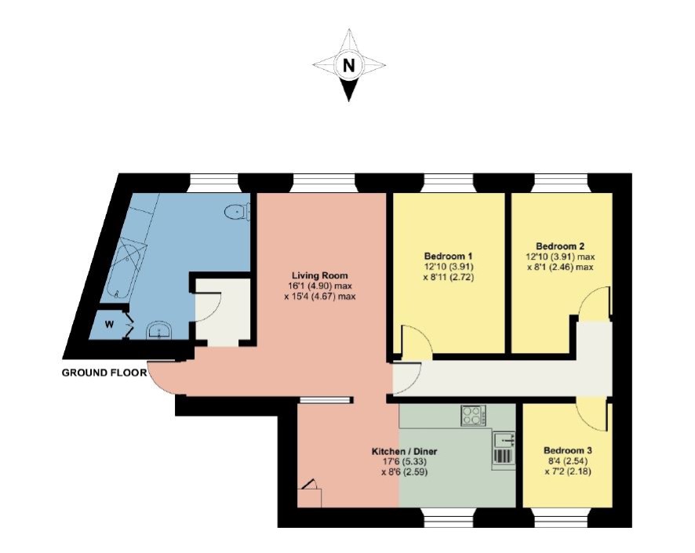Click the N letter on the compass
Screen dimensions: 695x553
click(x=349, y=66)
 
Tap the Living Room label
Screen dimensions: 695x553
click(x=319, y=275)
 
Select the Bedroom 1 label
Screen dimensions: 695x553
click(x=448, y=256)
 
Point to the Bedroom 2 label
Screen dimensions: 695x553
click(x=560, y=246)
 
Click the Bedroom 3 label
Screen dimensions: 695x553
click(x=568, y=450)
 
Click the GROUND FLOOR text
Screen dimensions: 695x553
click(x=104, y=373)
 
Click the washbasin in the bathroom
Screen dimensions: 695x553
click(x=159, y=330)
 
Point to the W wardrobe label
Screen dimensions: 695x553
click(x=109, y=325)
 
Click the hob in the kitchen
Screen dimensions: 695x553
click(x=473, y=416)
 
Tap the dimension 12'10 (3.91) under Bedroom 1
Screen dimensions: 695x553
click(x=448, y=267)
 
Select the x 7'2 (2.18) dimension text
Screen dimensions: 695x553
click(x=568, y=471)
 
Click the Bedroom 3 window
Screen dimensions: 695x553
click(x=560, y=518)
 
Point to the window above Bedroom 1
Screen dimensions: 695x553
click(x=448, y=183)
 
